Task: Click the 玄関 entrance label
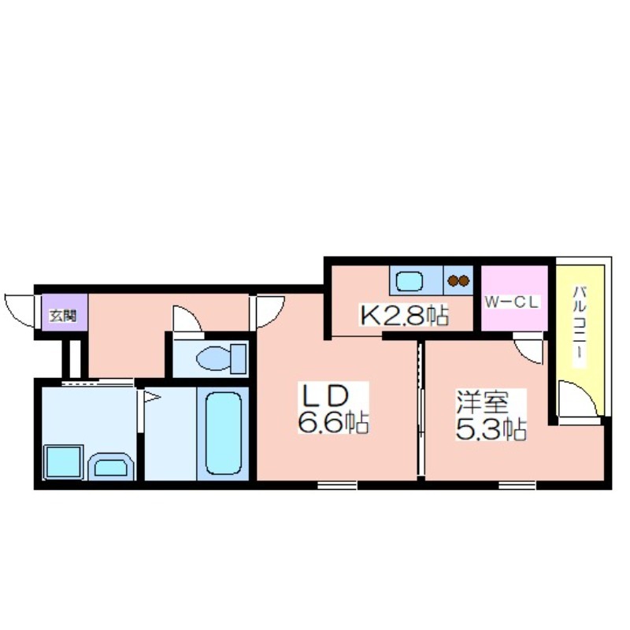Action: (x=63, y=316)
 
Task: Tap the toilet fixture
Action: (x=221, y=358)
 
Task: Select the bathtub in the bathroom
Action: (x=224, y=433)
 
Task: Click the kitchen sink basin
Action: (x=409, y=281)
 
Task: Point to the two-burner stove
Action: (x=458, y=280)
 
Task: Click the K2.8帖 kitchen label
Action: (x=404, y=316)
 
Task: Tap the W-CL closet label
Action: (x=511, y=302)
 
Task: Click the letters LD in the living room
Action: (x=324, y=395)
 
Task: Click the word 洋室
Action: (x=482, y=402)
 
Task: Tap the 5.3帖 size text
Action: (x=491, y=429)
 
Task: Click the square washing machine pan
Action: (x=63, y=462)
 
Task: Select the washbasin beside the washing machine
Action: (x=110, y=467)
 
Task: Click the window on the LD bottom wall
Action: (x=337, y=485)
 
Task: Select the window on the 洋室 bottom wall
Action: (x=517, y=485)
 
